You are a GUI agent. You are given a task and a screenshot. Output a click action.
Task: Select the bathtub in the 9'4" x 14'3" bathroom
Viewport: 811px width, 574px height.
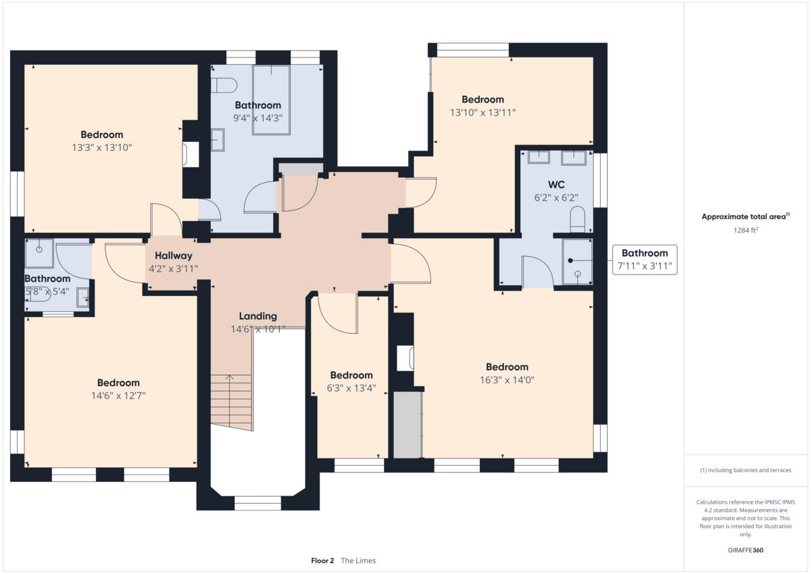click(x=271, y=99)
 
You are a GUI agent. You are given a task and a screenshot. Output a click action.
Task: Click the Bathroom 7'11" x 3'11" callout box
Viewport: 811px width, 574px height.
click(x=644, y=260)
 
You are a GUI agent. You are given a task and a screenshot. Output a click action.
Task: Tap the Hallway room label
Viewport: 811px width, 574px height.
click(x=173, y=256)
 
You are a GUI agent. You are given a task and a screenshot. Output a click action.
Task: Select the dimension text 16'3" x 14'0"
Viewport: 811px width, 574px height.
click(x=502, y=380)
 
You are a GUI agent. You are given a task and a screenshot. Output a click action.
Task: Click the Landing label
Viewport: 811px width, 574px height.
click(x=257, y=316)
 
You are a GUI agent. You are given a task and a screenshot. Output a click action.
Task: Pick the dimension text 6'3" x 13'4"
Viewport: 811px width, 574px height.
click(x=351, y=388)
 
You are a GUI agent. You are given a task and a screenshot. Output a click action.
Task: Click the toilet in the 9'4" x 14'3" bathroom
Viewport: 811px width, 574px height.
click(x=224, y=85)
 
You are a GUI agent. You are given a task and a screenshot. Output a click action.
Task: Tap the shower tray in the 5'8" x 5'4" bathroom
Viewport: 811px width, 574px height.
click(x=39, y=252)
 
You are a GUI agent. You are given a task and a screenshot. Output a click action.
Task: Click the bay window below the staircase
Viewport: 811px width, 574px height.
click(x=257, y=502)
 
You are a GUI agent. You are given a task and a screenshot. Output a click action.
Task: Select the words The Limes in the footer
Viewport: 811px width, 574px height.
click(x=358, y=560)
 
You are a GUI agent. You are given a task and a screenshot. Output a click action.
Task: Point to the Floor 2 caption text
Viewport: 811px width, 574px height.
click(x=322, y=560)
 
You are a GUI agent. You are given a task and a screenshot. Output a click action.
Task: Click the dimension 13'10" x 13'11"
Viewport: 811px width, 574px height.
click(x=483, y=113)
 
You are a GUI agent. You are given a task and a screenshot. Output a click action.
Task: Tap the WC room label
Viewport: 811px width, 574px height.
click(x=556, y=185)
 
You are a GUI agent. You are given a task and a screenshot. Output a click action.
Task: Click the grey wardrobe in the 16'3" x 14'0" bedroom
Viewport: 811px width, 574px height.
click(x=408, y=424)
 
